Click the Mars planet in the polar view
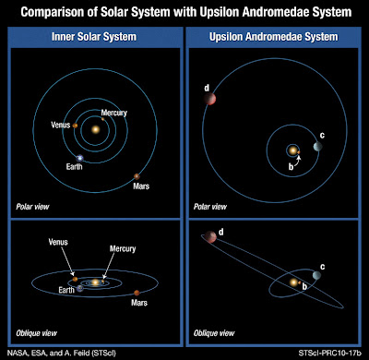[137, 176]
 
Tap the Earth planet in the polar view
[80, 159]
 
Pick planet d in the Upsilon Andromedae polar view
[211, 99]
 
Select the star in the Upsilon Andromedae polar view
[293, 149]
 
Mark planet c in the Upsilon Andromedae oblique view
[316, 278]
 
